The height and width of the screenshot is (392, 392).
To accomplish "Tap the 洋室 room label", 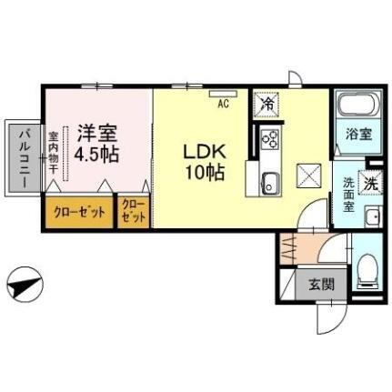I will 95,131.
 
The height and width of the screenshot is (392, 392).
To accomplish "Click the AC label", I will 223,103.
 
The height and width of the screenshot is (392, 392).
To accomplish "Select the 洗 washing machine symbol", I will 371,181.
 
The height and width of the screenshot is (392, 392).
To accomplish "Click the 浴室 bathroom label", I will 357,135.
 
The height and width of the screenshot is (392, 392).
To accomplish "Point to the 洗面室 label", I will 349,193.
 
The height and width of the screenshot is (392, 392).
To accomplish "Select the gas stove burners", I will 270,138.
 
